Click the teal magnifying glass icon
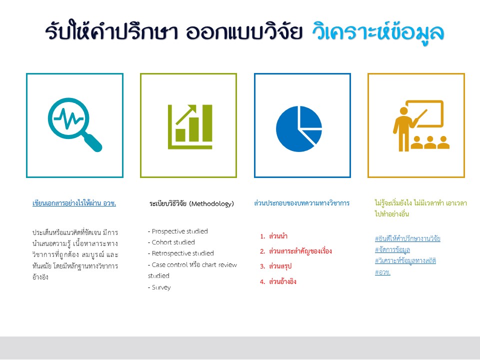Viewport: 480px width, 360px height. (x=74, y=124)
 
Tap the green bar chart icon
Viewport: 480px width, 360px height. (x=190, y=126)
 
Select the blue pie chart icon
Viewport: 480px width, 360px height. (x=299, y=128)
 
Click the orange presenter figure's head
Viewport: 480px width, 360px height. (x=404, y=111)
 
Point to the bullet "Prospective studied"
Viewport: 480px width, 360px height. (x=178, y=231)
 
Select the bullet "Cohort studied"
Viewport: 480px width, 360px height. (x=171, y=242)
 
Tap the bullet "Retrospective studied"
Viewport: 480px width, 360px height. (x=181, y=253)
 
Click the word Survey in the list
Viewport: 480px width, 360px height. (x=161, y=288)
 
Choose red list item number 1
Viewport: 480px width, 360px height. (x=273, y=236)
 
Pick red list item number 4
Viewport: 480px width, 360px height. (x=278, y=281)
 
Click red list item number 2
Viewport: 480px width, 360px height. (x=295, y=251)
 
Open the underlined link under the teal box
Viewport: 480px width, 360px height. (x=74, y=203)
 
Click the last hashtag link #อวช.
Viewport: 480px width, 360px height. (x=382, y=272)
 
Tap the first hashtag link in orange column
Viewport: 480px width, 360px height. (x=408, y=238)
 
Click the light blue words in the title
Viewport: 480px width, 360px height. (x=378, y=31)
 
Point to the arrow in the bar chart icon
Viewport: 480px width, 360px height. (x=186, y=115)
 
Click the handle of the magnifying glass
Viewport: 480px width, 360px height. (x=92, y=142)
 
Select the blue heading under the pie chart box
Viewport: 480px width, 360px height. (x=302, y=203)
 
